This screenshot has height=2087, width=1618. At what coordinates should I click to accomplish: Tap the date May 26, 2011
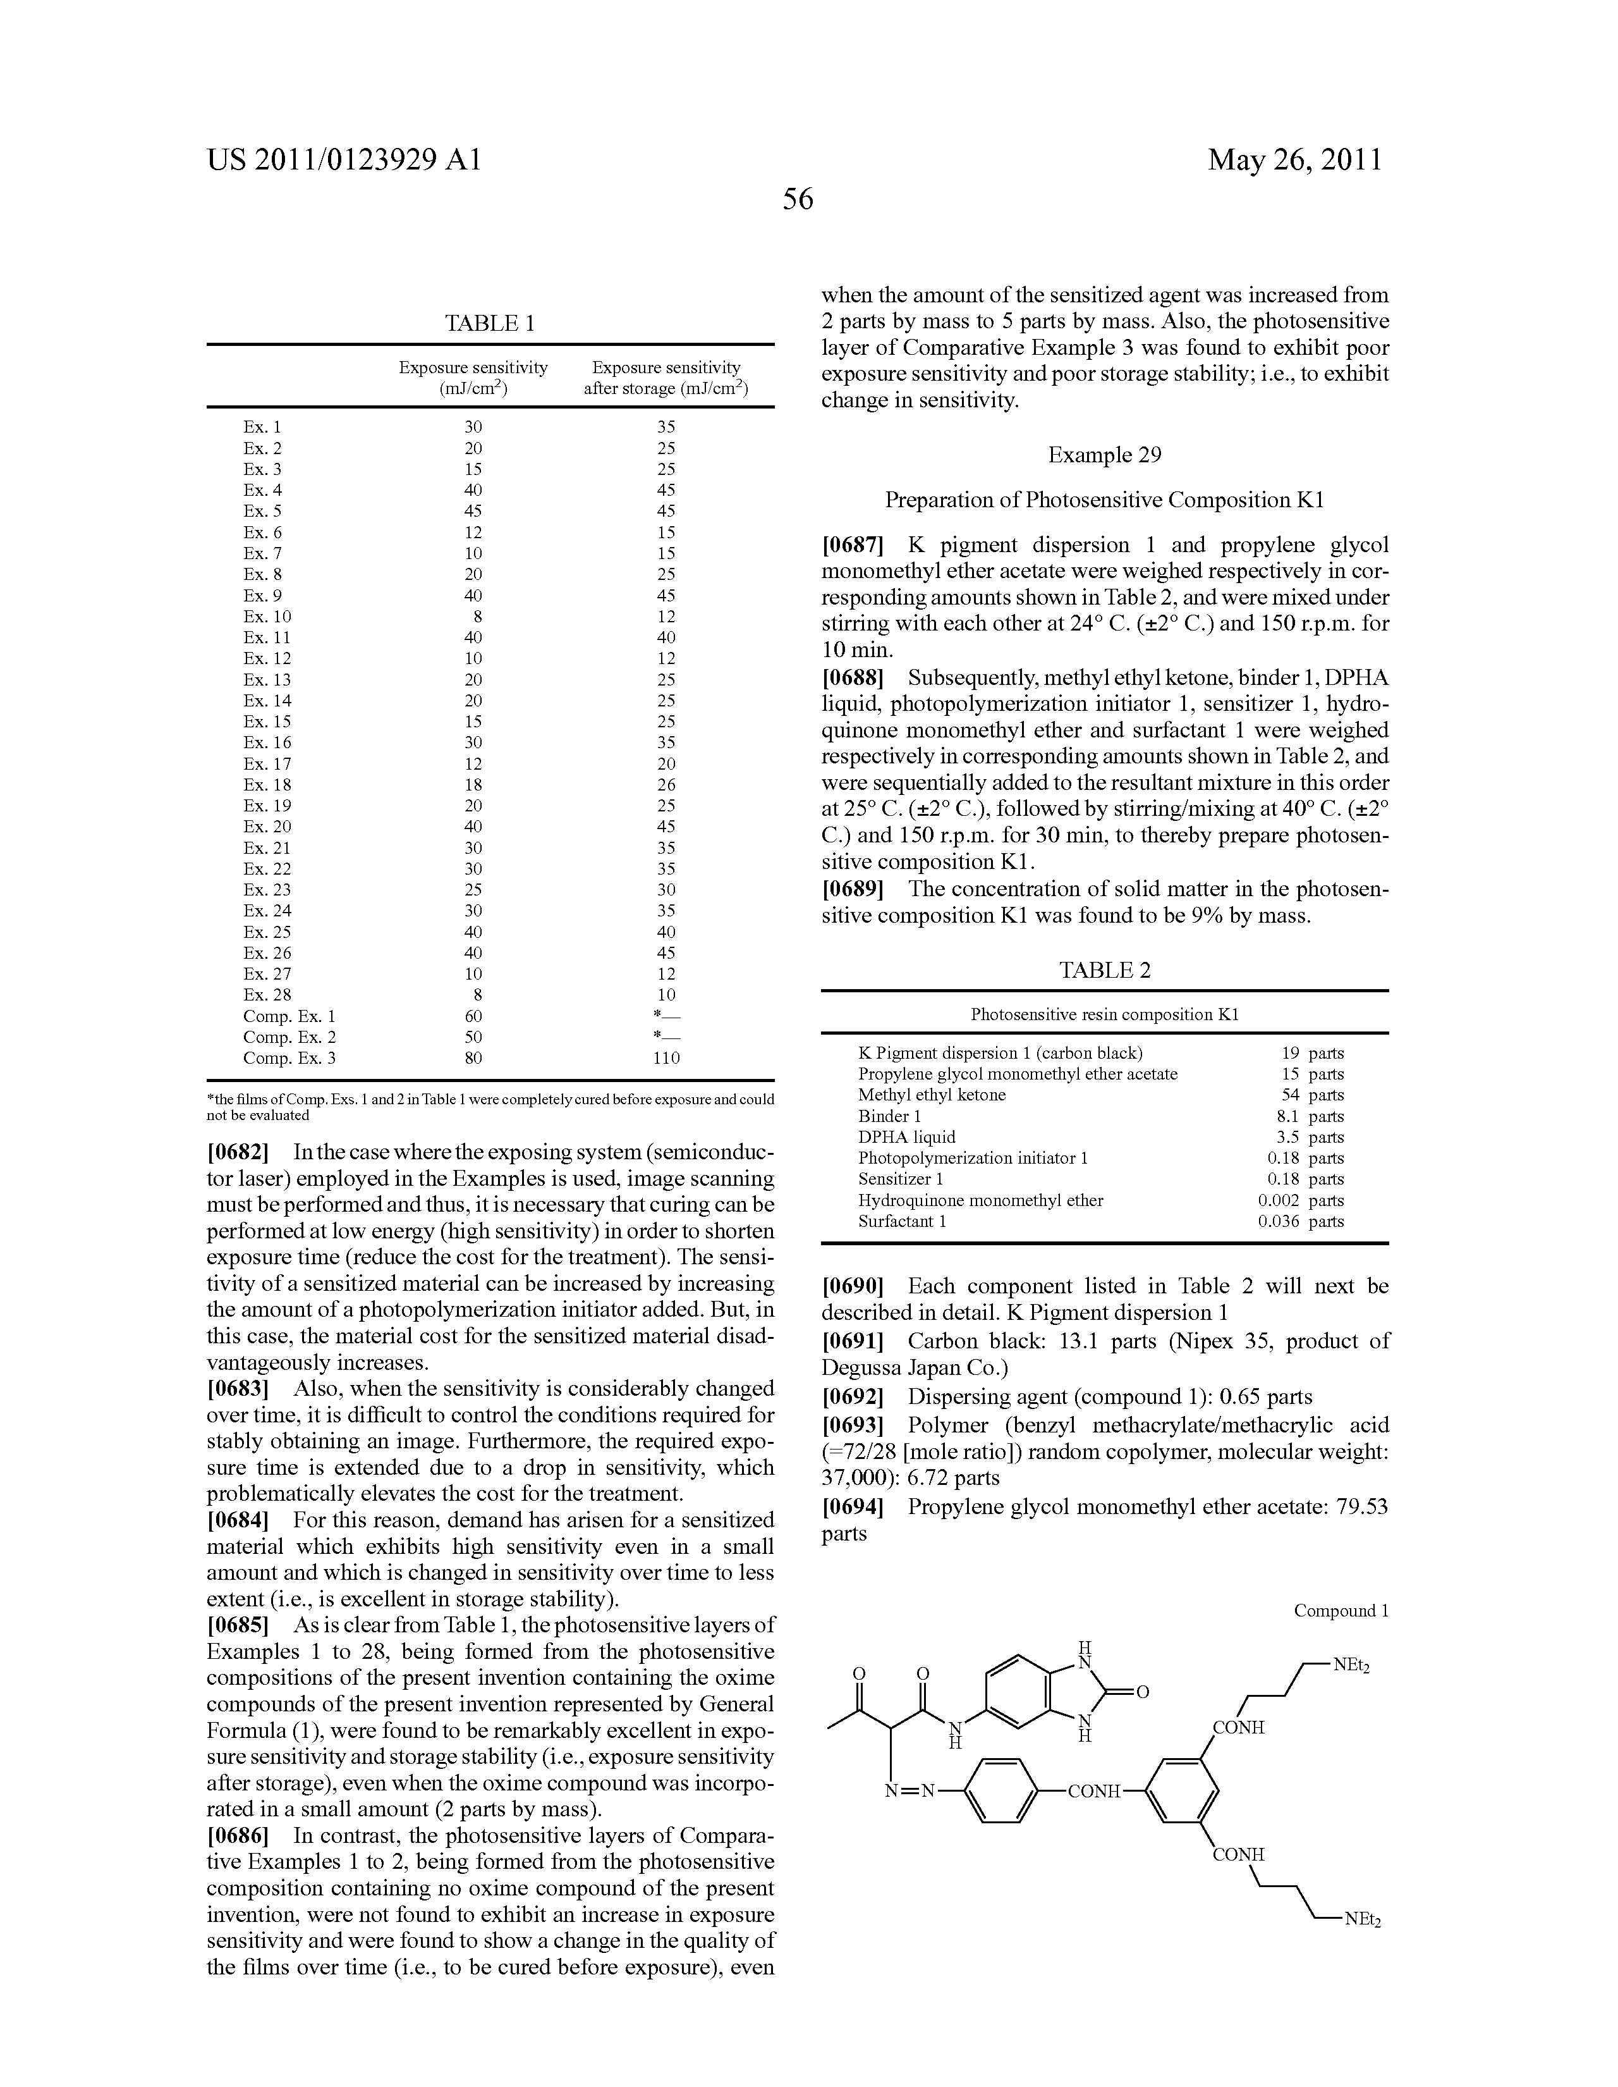click(x=1294, y=159)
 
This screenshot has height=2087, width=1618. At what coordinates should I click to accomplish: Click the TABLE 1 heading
click(x=489, y=323)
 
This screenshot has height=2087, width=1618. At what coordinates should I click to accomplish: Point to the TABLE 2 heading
click(x=1104, y=970)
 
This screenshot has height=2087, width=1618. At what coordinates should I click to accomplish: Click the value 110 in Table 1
click(x=666, y=1058)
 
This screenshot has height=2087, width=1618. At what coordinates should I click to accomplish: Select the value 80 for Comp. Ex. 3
click(x=473, y=1058)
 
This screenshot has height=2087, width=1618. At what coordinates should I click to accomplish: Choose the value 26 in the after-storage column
click(x=666, y=785)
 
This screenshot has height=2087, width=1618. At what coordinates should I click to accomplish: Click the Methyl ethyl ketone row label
click(x=931, y=1095)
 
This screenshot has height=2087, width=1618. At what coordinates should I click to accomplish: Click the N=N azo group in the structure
click(x=913, y=1791)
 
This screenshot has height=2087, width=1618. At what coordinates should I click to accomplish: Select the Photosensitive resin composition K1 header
click(x=1104, y=1015)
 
